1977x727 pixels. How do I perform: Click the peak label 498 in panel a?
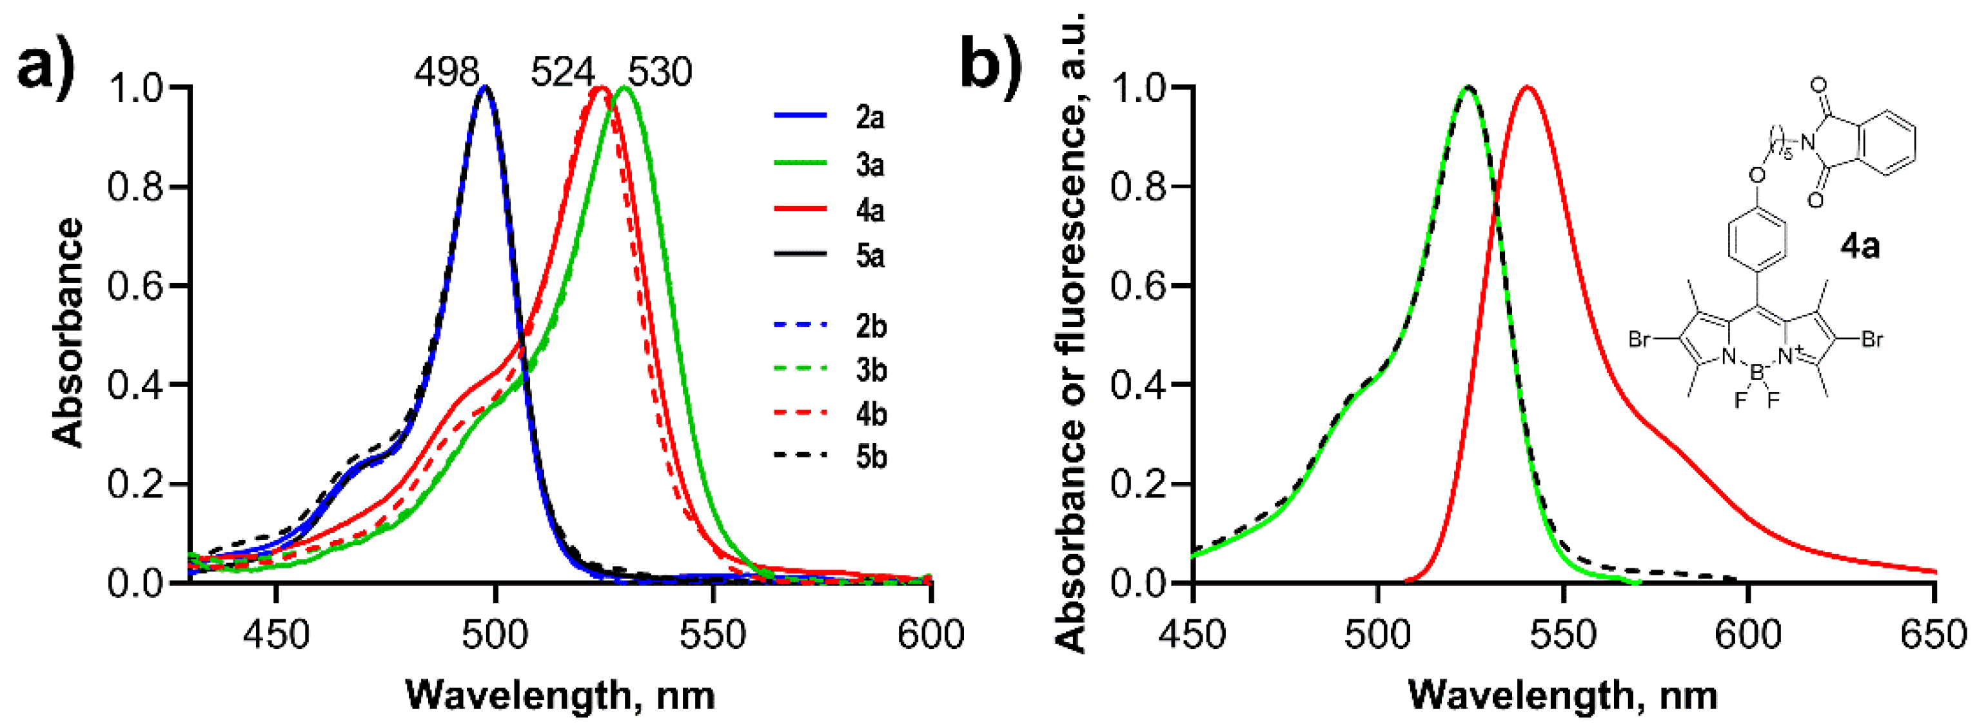pyautogui.click(x=447, y=73)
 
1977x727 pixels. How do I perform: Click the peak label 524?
pyautogui.click(x=562, y=73)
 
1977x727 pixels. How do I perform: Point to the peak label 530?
pyautogui.click(x=660, y=73)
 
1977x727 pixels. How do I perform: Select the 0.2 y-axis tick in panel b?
pyautogui.click(x=1139, y=484)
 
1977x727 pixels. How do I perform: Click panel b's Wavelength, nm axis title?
pyautogui.click(x=1562, y=695)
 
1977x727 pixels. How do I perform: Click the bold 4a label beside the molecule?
pyautogui.click(x=1860, y=246)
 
